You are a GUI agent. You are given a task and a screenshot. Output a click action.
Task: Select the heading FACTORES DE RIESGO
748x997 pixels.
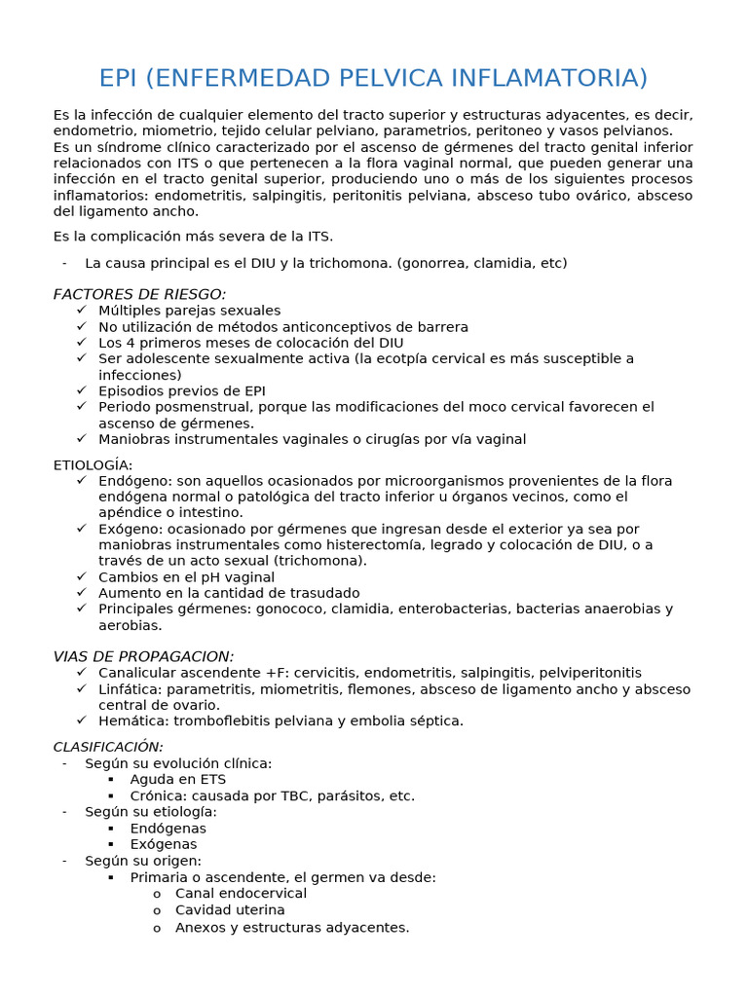pyautogui.click(x=139, y=294)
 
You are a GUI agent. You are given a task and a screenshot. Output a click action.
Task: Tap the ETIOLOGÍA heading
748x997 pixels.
pyautogui.click(x=93, y=464)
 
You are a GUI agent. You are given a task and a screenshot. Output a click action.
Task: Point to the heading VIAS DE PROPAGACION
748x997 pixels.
pyautogui.click(x=143, y=656)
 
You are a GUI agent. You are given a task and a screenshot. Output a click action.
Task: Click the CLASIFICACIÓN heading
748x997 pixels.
pyautogui.click(x=108, y=746)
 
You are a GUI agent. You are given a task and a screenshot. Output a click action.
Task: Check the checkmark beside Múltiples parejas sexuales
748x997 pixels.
pyautogui.click(x=81, y=311)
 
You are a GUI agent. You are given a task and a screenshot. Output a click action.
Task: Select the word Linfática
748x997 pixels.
pyautogui.click(x=129, y=689)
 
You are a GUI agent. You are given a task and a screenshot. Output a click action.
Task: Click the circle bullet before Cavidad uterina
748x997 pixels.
pyautogui.click(x=157, y=909)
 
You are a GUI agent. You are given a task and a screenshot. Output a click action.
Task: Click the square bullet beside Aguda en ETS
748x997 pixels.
pyautogui.click(x=111, y=780)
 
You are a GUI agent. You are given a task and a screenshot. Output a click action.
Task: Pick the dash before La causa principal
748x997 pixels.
pyautogui.click(x=64, y=263)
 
